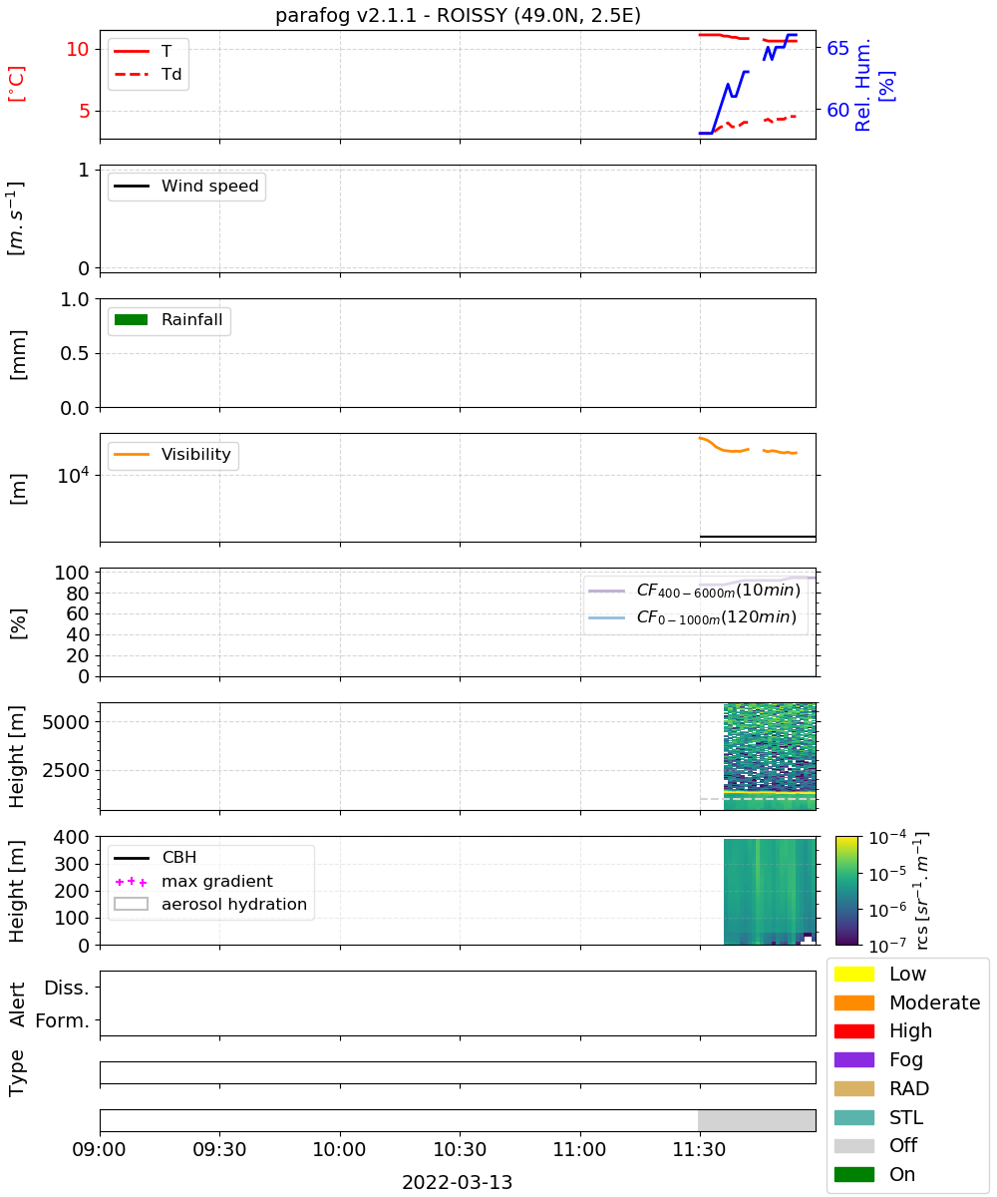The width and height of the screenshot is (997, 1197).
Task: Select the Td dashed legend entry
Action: click(x=148, y=74)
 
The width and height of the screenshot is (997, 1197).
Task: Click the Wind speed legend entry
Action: click(x=186, y=186)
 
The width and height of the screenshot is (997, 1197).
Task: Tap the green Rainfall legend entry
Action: click(x=168, y=319)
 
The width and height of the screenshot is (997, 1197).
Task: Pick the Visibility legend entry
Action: click(x=171, y=454)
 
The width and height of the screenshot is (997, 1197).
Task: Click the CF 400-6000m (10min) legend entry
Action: click(x=694, y=590)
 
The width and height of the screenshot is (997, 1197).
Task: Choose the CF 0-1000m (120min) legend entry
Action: click(x=692, y=616)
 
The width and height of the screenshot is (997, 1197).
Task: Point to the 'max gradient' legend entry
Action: click(x=193, y=881)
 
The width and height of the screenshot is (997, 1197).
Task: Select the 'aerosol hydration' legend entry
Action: click(x=210, y=904)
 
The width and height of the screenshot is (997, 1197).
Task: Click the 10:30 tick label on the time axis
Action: click(x=460, y=1149)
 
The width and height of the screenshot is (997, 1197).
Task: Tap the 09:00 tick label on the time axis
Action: click(x=99, y=1149)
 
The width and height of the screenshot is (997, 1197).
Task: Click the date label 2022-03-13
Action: click(x=458, y=1182)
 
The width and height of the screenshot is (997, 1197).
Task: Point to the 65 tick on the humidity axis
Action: click(x=837, y=48)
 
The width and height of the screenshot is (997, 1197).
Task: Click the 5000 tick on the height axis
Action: click(x=66, y=722)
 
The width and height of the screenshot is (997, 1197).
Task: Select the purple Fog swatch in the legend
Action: click(x=853, y=1059)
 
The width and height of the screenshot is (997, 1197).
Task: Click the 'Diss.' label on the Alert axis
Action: click(x=67, y=988)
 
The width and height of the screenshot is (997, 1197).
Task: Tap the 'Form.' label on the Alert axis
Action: click(x=63, y=1020)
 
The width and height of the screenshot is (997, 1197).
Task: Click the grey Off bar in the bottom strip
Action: click(x=757, y=1120)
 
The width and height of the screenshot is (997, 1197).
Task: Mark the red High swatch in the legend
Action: click(x=853, y=1030)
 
